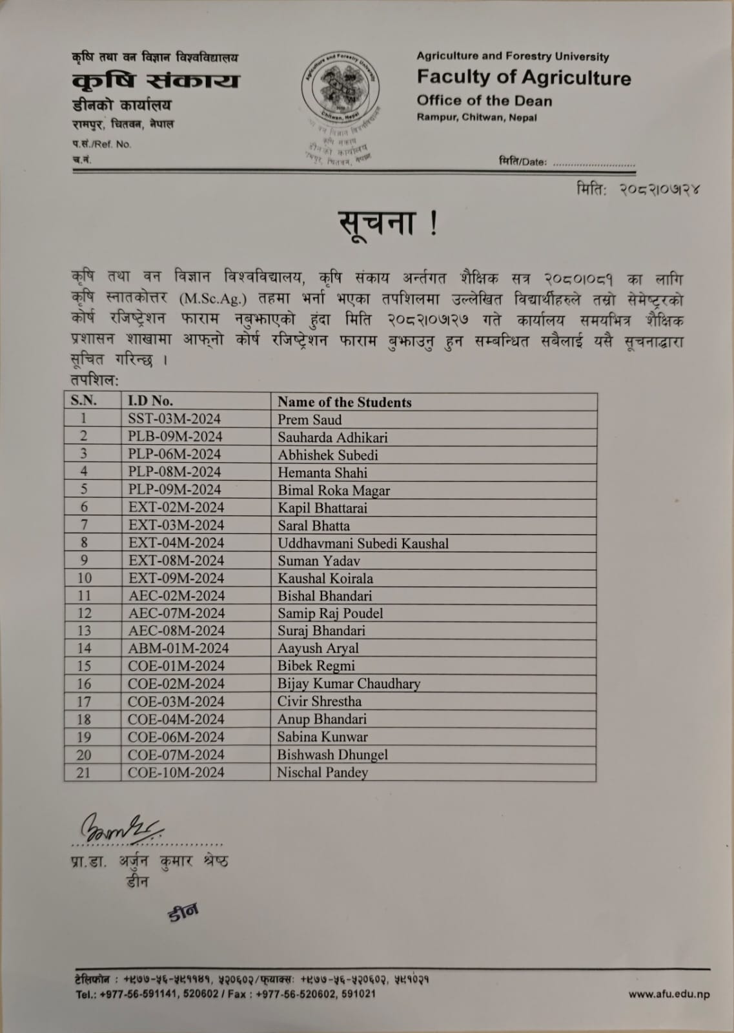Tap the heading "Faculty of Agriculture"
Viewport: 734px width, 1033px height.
[524, 78]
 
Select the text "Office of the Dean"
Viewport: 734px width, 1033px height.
[484, 101]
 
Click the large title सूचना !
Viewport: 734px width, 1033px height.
[389, 223]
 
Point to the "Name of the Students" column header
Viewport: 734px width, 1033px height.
[344, 402]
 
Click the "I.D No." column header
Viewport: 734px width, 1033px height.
[150, 401]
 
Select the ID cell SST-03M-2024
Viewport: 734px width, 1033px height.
[174, 419]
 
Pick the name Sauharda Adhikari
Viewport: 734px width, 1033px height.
[332, 437]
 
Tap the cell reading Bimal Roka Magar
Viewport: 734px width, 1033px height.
[334, 490]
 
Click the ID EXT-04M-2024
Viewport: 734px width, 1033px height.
[176, 543]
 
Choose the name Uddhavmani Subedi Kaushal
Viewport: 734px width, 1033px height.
[363, 544]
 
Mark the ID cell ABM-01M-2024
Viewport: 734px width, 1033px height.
[178, 648]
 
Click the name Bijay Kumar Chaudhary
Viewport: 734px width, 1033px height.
[349, 684]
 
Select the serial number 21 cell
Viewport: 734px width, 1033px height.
[83, 772]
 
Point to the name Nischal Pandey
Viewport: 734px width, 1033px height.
[322, 772]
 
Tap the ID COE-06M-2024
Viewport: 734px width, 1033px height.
[176, 737]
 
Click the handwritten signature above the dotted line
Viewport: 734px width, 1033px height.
[120, 826]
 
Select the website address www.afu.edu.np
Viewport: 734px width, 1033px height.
[669, 994]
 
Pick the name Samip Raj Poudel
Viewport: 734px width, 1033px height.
[330, 613]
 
